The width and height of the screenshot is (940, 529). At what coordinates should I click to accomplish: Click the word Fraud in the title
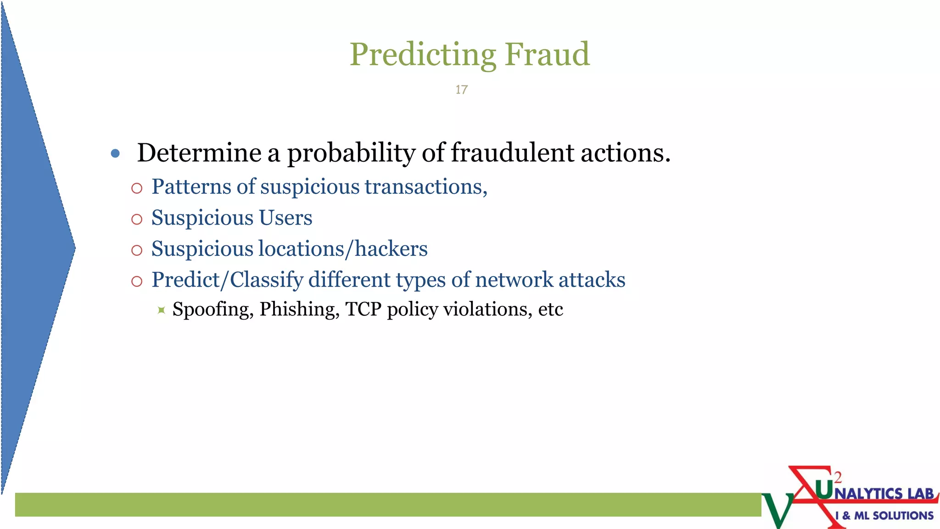pos(547,54)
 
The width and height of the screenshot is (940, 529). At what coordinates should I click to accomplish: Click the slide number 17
pos(461,90)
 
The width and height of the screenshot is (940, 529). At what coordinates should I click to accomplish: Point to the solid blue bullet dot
pos(116,153)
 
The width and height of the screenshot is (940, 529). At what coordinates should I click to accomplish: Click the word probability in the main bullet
pos(351,153)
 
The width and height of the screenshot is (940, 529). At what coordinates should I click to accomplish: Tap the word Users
pos(285,218)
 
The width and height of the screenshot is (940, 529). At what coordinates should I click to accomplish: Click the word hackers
pos(391,249)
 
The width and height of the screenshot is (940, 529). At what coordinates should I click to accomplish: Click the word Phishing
pos(299,310)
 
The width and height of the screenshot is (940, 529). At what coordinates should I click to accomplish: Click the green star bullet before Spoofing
pos(161,310)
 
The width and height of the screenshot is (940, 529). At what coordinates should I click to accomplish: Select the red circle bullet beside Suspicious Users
pos(137,219)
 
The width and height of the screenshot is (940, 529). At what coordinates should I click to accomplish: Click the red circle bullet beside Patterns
pos(137,188)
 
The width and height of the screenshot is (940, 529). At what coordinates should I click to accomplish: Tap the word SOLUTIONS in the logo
pos(902,516)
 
